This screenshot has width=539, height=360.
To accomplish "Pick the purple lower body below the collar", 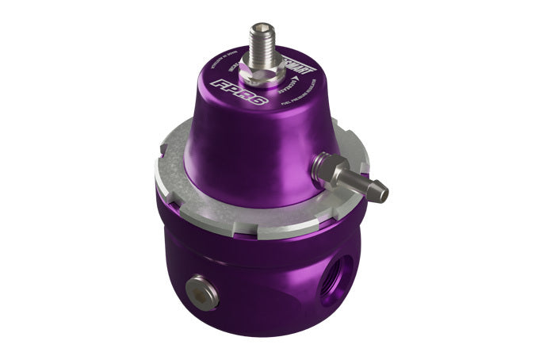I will [254, 285].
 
